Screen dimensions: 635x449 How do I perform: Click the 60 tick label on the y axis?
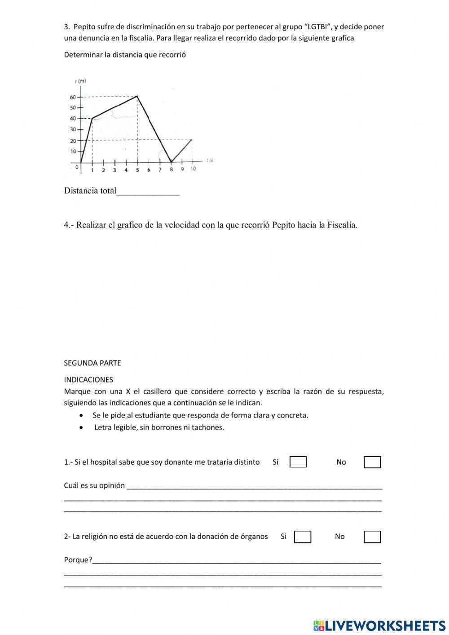[72, 97]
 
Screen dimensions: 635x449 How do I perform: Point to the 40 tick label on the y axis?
[72, 119]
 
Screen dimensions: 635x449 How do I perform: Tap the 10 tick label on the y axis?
[72, 151]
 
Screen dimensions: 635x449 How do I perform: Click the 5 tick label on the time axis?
[137, 170]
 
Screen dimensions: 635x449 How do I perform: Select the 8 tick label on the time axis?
[171, 170]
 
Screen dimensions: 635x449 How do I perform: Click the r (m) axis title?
[80, 81]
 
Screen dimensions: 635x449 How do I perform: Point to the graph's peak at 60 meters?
[137, 96]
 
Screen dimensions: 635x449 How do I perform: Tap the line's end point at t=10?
[192, 140]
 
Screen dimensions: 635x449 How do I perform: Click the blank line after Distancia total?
[148, 191]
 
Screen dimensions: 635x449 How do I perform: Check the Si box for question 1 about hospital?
[298, 462]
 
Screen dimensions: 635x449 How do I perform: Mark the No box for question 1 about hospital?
[372, 462]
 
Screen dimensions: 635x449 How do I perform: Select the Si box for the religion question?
[302, 537]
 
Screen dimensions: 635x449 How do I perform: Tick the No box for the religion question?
[372, 537]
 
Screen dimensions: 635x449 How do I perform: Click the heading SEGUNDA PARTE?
[92, 363]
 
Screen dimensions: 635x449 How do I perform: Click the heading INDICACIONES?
[88, 379]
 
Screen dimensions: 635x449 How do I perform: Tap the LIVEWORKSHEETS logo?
[379, 625]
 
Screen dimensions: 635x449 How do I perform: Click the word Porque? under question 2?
[78, 560]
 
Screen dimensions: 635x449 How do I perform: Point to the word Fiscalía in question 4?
[342, 225]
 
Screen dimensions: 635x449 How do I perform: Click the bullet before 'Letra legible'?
[81, 428]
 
